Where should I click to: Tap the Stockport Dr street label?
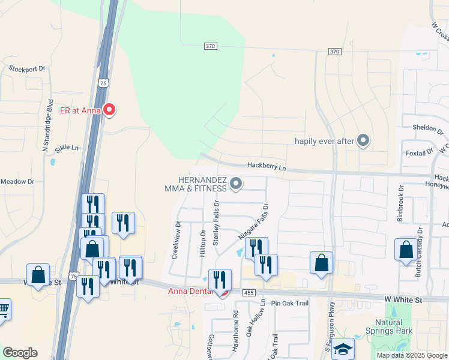coord(27,68)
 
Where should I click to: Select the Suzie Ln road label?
coord(67,148)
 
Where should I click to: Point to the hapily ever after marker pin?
coord(363,141)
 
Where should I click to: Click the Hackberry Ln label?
coord(267,167)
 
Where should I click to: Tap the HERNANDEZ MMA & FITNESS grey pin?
coord(237,184)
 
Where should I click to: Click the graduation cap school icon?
coord(343,349)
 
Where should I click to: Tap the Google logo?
coord(20,353)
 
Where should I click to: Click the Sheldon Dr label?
coord(426,127)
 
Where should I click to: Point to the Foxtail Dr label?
coord(423,152)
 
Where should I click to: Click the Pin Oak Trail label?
coord(289,304)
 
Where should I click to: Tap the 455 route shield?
coord(249,292)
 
